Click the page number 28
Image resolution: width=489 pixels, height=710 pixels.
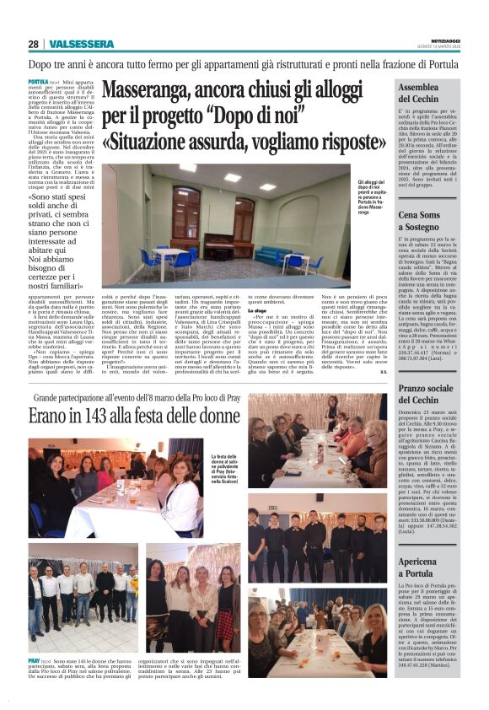pyautogui.click(x=33, y=44)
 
